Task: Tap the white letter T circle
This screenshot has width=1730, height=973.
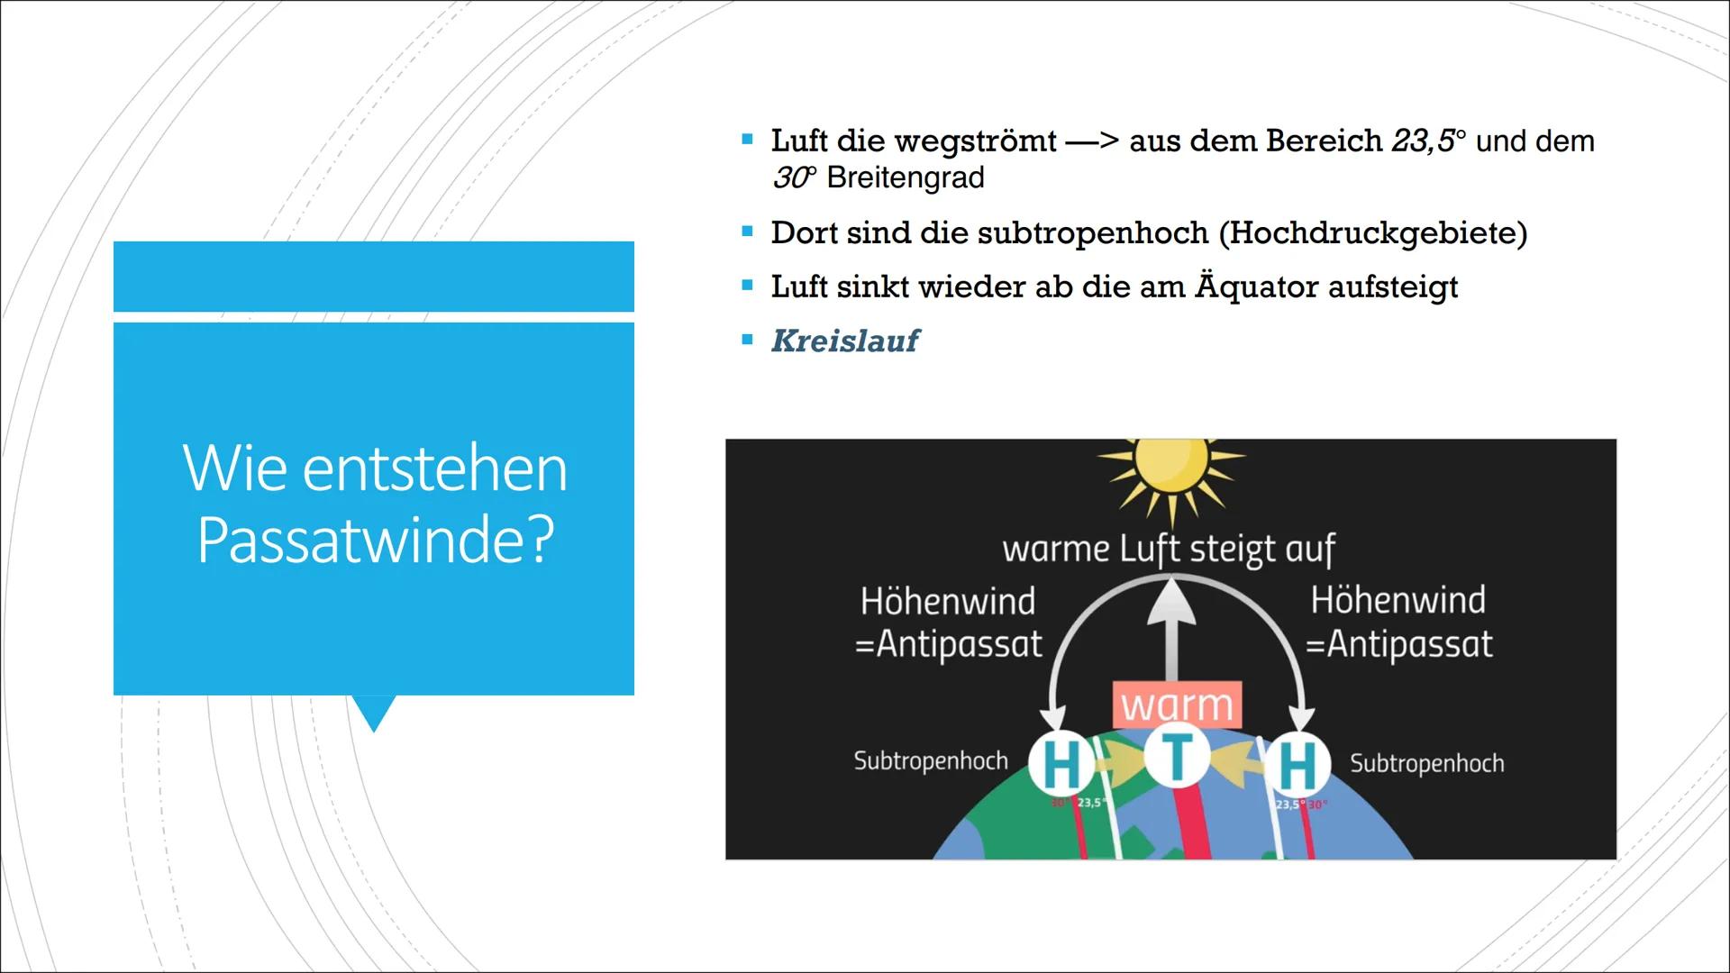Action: click(1176, 757)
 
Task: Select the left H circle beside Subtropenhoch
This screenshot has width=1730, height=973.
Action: click(1061, 765)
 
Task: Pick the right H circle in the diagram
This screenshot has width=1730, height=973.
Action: click(1297, 765)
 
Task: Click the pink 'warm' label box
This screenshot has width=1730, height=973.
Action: click(1177, 705)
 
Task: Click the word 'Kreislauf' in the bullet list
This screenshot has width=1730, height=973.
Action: click(844, 341)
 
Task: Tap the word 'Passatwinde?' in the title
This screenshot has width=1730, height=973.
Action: click(375, 540)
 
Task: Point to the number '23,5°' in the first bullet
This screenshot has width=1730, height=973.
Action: click(1428, 141)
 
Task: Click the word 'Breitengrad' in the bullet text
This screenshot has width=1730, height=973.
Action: click(905, 177)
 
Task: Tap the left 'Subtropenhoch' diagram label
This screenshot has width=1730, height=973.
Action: click(931, 761)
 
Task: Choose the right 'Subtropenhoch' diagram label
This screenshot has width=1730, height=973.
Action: click(1426, 764)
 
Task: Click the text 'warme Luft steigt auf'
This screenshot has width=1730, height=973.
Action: click(1169, 549)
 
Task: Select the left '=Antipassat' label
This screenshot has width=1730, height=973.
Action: click(948, 644)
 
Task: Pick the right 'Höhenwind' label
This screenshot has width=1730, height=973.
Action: click(1398, 600)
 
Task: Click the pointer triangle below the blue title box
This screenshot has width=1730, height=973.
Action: click(374, 712)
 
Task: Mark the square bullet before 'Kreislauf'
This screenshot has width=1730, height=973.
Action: click(747, 341)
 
